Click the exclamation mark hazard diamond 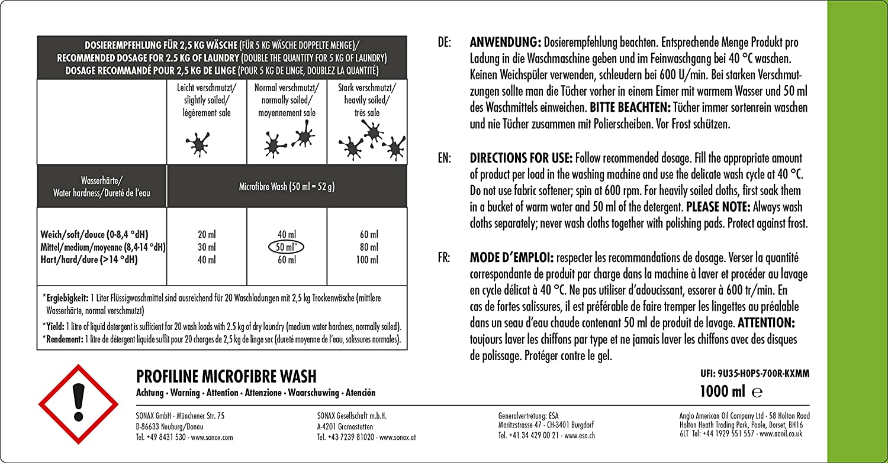click(x=74, y=404)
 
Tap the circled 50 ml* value click(x=287, y=247)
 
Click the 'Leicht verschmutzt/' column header click(x=207, y=88)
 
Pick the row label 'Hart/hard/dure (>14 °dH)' click(x=89, y=260)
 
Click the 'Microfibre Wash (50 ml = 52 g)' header click(x=287, y=187)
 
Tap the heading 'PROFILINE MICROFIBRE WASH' click(x=226, y=377)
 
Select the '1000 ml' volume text click(x=722, y=391)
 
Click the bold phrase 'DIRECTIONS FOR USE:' click(x=521, y=158)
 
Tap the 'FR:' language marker click(x=444, y=258)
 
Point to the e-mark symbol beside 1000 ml click(x=757, y=391)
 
